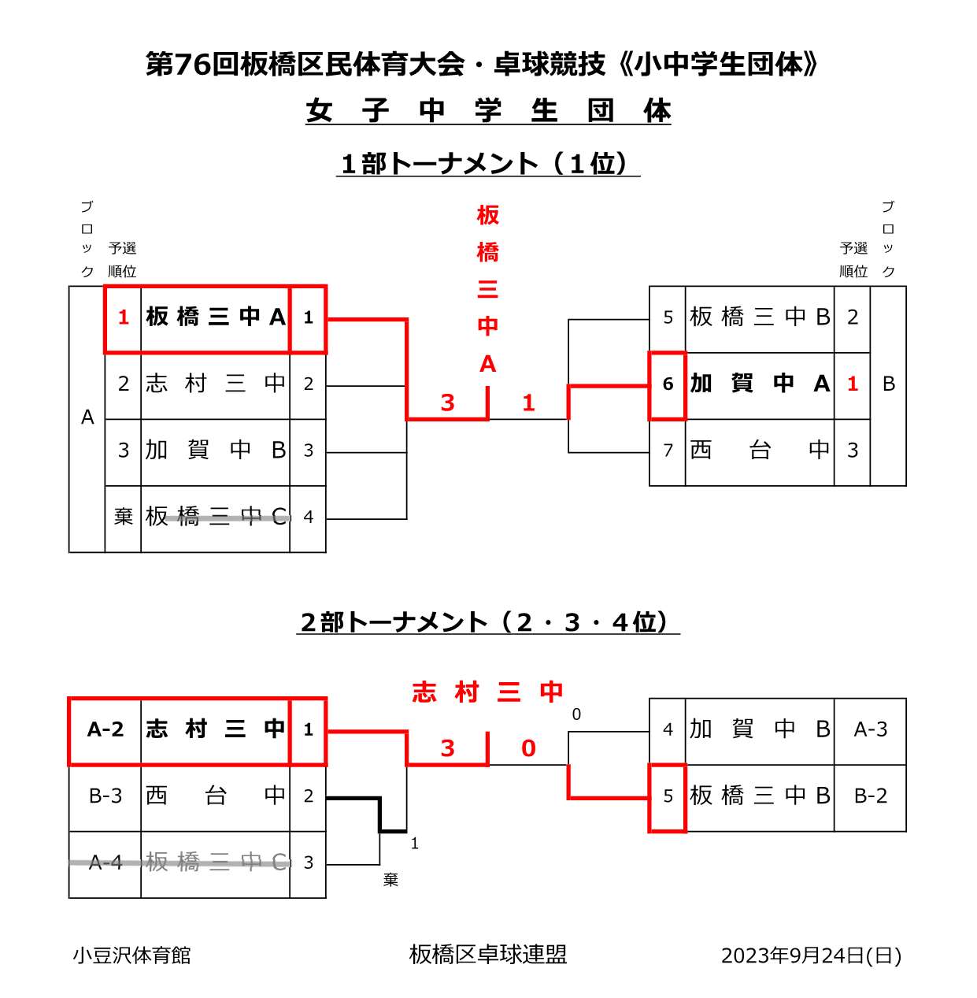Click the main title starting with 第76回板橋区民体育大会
[x=482, y=65]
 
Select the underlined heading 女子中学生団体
[x=488, y=111]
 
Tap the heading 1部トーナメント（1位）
[x=487, y=164]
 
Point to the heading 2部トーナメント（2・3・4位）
[x=487, y=622]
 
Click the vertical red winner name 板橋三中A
[x=487, y=289]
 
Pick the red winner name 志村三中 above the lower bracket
[x=487, y=692]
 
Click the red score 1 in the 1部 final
[x=528, y=403]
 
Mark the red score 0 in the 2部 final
[x=528, y=748]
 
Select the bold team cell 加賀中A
[x=760, y=384]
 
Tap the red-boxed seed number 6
[x=668, y=384]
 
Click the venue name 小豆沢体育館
[x=131, y=955]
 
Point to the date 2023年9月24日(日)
[x=811, y=955]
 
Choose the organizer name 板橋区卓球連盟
[x=488, y=955]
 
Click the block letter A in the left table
[x=87, y=417]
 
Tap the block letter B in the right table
[x=889, y=384]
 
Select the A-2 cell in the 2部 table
[x=105, y=730]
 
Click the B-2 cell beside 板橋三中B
[x=870, y=796]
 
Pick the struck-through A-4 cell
[x=105, y=863]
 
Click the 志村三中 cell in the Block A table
[x=216, y=384]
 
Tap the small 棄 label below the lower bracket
[x=390, y=881]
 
